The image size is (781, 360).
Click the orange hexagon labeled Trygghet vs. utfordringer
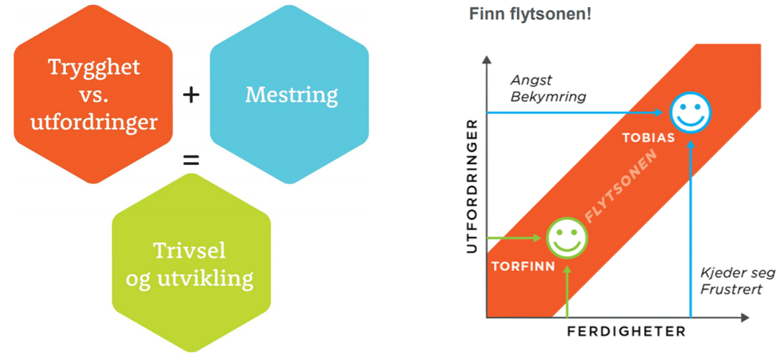(93, 93)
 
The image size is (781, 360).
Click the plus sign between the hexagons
(191, 94)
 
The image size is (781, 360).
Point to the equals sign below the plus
(191, 160)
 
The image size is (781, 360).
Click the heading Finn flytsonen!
(530, 14)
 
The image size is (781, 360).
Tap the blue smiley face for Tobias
(690, 113)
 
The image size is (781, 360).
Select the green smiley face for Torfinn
(567, 237)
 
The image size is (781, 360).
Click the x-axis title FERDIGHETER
(626, 331)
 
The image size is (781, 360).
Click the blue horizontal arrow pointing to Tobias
(574, 113)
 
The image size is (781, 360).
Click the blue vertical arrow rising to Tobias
(690, 229)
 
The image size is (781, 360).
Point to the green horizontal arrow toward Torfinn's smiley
(514, 237)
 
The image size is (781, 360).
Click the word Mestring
(289, 94)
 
